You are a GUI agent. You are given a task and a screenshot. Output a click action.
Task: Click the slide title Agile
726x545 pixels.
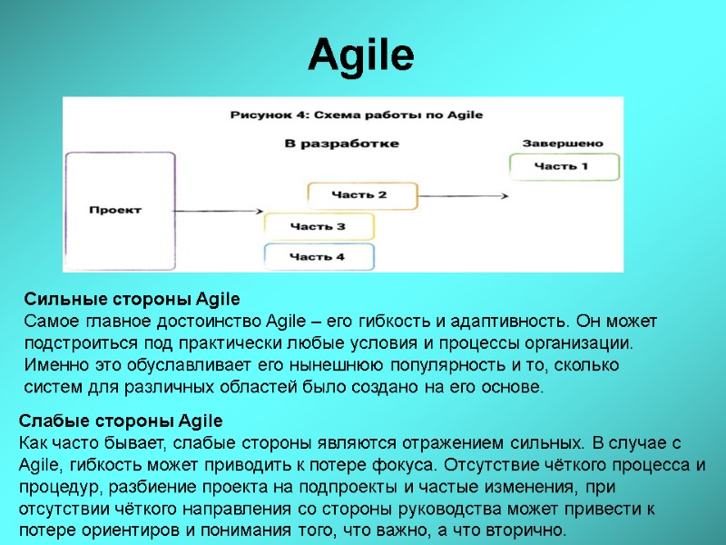tap(361, 56)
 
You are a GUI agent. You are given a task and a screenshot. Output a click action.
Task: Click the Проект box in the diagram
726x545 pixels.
tap(119, 210)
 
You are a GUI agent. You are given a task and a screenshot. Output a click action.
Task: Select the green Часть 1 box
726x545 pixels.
tap(564, 167)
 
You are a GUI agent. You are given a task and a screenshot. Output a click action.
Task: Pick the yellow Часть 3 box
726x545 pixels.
tap(317, 226)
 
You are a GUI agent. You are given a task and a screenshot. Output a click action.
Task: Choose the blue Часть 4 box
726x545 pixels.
tap(317, 257)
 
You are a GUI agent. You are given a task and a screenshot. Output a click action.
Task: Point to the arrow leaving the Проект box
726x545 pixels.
tap(218, 210)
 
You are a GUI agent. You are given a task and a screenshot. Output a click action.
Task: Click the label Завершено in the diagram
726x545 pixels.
tap(562, 144)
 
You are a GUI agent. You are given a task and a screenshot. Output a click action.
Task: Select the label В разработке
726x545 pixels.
tap(341, 144)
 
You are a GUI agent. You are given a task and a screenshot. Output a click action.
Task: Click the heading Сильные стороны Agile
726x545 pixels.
tap(132, 300)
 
